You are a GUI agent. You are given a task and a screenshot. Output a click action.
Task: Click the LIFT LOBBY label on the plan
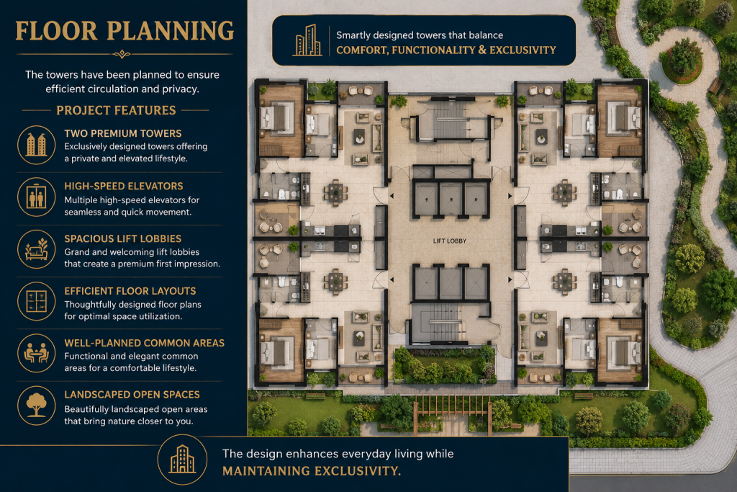click(x=449, y=241)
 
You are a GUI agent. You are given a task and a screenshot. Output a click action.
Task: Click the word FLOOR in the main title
click(x=56, y=31)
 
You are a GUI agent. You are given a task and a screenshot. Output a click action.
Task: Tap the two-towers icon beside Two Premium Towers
click(x=37, y=145)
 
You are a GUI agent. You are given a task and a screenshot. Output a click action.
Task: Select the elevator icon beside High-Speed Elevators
click(x=37, y=197)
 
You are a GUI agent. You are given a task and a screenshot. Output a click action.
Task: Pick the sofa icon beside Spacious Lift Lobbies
click(x=37, y=249)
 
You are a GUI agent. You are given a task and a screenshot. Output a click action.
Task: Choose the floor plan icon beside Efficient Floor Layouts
click(x=37, y=301)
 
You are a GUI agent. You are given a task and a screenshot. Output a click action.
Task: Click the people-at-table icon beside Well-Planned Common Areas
click(x=37, y=353)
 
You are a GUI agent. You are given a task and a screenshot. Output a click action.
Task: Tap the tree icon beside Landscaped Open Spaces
click(x=37, y=406)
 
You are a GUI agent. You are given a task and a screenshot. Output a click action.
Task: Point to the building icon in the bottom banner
click(x=182, y=460)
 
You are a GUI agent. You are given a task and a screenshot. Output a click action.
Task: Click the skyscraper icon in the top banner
click(x=307, y=40)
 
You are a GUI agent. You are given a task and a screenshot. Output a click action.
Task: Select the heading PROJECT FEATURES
click(x=116, y=110)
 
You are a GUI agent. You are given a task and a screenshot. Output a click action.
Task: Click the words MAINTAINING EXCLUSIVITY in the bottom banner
click(x=312, y=471)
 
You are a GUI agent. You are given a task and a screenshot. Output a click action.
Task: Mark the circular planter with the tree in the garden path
click(x=682, y=61)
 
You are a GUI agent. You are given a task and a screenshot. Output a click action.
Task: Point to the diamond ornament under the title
click(x=122, y=55)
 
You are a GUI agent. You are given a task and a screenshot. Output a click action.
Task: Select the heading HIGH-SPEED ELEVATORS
click(x=124, y=187)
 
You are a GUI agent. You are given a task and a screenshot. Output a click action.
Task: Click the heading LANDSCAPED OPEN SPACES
click(x=132, y=395)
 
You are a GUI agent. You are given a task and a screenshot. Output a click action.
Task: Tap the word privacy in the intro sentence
click(x=181, y=89)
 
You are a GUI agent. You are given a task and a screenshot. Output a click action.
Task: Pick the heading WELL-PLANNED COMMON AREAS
click(x=144, y=344)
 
